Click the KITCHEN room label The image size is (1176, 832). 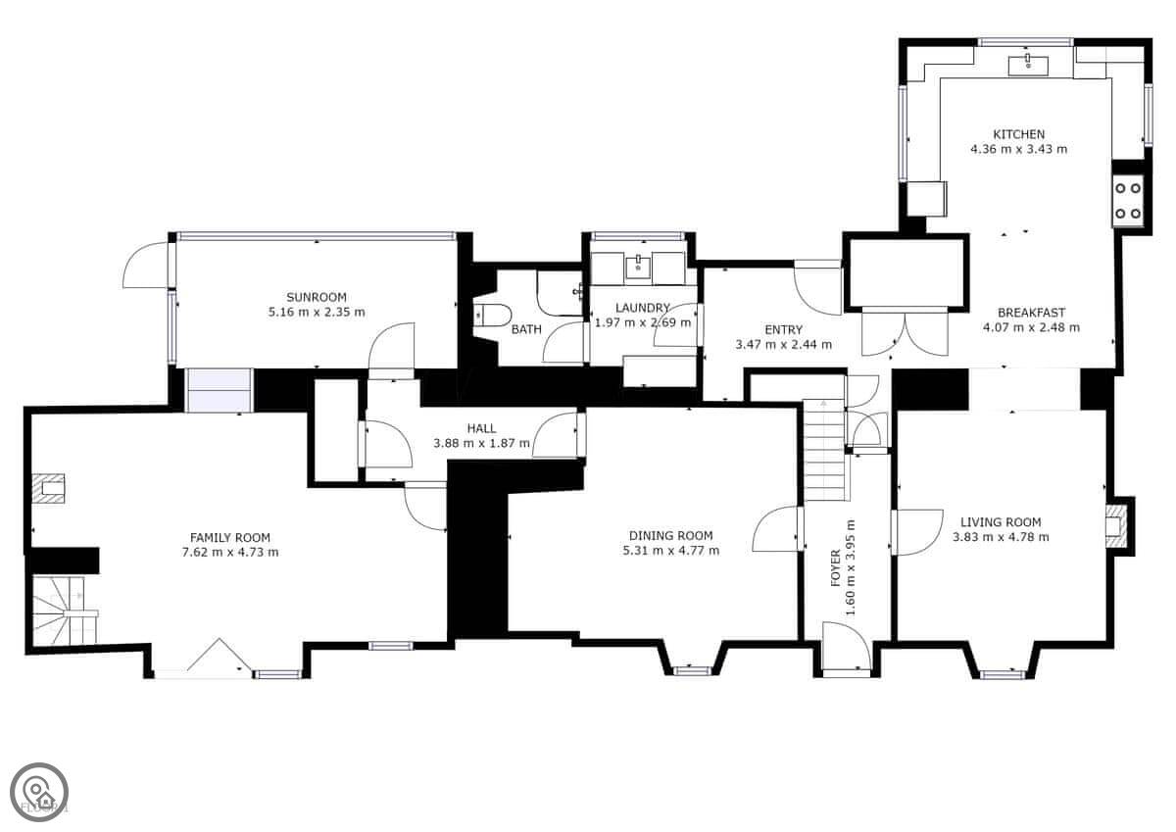(x=1018, y=134)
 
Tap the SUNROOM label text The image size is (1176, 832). (x=316, y=297)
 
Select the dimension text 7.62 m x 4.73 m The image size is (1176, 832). (x=230, y=553)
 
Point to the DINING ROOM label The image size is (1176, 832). (x=671, y=535)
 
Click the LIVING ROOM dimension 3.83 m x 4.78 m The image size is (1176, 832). (x=1001, y=537)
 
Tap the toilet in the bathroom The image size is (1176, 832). (x=491, y=316)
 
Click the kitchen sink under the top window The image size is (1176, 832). (x=1028, y=66)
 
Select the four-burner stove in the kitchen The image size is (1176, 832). (x=1127, y=201)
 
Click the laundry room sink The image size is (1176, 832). (x=638, y=267)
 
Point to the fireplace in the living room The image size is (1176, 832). (x=1115, y=526)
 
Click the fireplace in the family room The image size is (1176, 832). (x=48, y=489)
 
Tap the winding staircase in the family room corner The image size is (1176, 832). (x=65, y=610)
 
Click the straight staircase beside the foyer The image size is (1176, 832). (x=825, y=450)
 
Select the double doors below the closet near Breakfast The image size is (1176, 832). (x=906, y=332)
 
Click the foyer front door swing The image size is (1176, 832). (x=847, y=646)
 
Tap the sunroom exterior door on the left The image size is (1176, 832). (x=146, y=265)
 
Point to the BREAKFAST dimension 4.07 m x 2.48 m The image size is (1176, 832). (x=1031, y=327)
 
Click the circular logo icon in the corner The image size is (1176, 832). (x=39, y=792)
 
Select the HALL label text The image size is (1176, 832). (x=481, y=428)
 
